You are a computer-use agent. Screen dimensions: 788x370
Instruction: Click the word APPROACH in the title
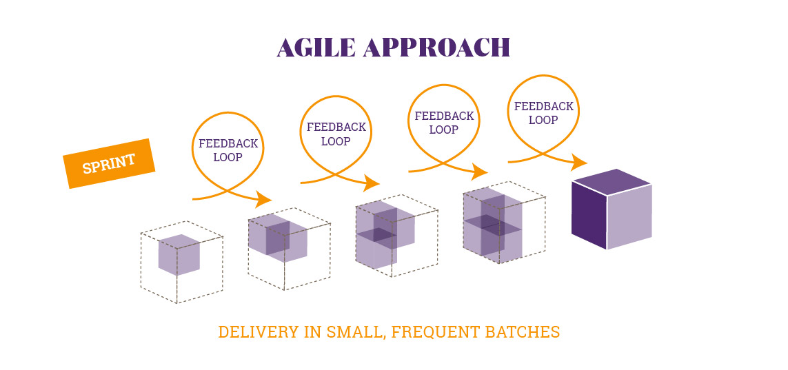pyautogui.click(x=436, y=47)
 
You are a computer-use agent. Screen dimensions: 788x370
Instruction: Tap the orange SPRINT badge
pyautogui.click(x=109, y=163)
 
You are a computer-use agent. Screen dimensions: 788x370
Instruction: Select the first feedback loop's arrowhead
pyautogui.click(x=264, y=199)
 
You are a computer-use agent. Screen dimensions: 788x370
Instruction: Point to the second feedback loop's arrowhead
pyautogui.click(x=372, y=183)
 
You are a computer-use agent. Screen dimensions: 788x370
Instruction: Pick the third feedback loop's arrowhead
pyautogui.click(x=480, y=171)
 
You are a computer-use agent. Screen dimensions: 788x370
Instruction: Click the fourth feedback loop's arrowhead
pyautogui.click(x=579, y=162)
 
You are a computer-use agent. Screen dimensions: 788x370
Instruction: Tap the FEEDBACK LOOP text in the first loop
pyautogui.click(x=228, y=150)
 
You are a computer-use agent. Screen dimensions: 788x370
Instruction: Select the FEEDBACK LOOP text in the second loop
pyautogui.click(x=336, y=134)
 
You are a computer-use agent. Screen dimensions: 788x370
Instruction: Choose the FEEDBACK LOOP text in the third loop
pyautogui.click(x=444, y=123)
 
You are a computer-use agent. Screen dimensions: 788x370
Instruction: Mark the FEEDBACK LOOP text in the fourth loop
pyautogui.click(x=543, y=113)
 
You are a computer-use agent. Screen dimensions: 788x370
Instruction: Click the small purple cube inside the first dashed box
pyautogui.click(x=179, y=255)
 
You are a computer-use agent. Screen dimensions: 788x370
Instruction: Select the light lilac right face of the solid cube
pyautogui.click(x=629, y=217)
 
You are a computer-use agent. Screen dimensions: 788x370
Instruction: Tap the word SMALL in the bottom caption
pyautogui.click(x=356, y=333)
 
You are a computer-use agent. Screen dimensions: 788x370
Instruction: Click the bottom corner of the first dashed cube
pyautogui.click(x=177, y=303)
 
